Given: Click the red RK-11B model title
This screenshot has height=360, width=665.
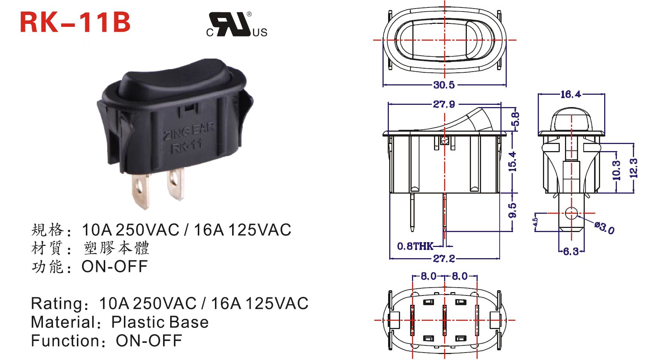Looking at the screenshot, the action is point(75,22).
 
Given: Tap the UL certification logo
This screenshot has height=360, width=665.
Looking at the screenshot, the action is point(237,25).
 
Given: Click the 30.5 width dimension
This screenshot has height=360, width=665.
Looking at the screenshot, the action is point(444,85).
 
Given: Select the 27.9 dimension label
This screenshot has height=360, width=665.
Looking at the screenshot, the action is point(444,104).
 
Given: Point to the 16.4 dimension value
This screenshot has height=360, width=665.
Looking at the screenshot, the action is point(571,94).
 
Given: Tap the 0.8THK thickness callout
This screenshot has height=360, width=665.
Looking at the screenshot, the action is point(415,246).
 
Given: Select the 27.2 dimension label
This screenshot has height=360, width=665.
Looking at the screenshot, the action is point(444,258).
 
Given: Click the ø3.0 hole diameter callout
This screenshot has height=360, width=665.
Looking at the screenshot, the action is point(605,228).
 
